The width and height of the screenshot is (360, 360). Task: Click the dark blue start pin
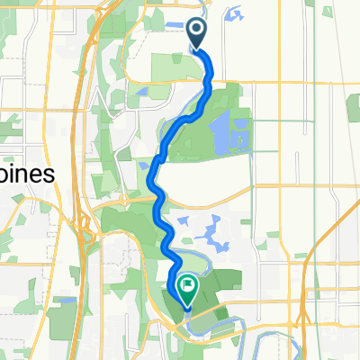197,33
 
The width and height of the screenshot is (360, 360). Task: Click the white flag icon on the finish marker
188,286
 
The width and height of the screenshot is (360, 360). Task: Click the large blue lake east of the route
219,134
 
